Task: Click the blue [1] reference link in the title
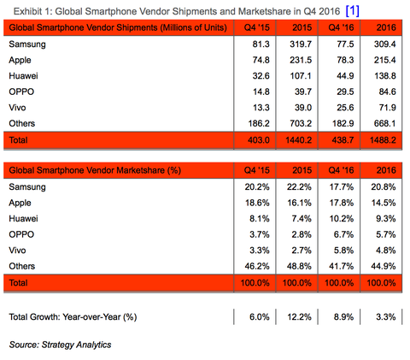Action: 353,11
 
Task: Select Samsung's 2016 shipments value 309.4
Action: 384,44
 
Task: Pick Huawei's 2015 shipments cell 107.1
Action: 301,76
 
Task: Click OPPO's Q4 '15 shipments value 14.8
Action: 261,91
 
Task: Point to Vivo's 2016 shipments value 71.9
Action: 388,108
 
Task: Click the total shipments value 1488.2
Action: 383,140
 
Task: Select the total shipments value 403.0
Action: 259,140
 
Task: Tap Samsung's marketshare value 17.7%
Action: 342,187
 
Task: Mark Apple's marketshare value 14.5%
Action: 384,203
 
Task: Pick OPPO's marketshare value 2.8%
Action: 302,234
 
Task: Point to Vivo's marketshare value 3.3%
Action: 260,251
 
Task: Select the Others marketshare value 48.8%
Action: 299,266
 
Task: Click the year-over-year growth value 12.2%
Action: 299,317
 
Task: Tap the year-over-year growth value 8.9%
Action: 343,317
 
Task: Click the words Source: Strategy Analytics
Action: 60,345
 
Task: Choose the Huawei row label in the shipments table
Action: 23,76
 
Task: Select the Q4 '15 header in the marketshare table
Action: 256,170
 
